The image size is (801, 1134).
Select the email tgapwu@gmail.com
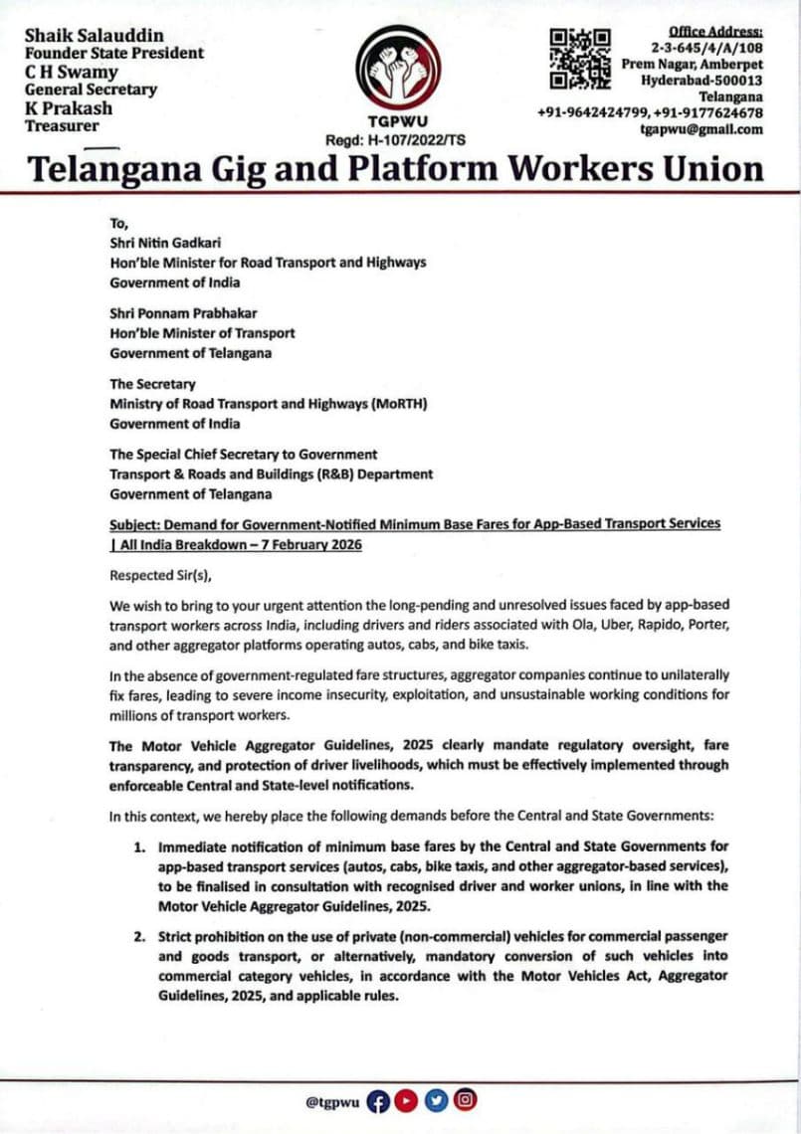point(701,129)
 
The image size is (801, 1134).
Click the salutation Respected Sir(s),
point(161,574)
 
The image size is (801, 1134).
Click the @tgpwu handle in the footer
point(332,1101)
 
